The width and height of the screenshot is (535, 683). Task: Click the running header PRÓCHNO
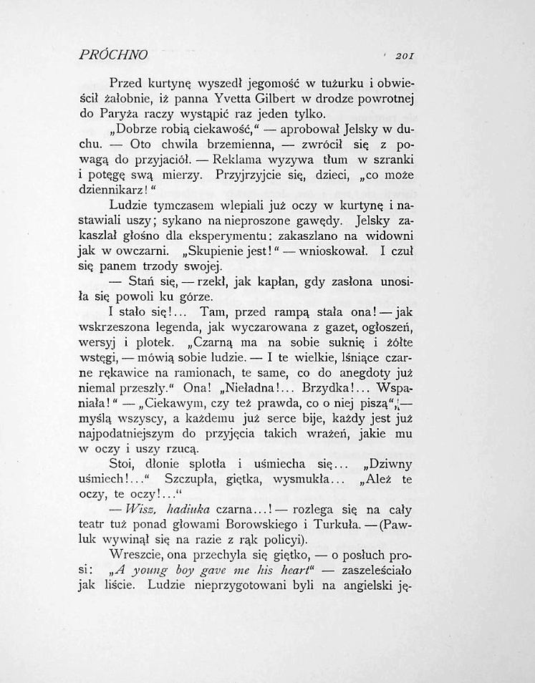114,54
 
